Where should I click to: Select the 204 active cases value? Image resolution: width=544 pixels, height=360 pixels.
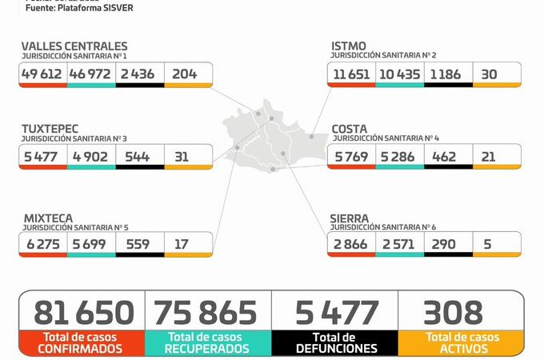coord(185,74)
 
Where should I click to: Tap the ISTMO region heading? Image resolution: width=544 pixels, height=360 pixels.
coord(349,46)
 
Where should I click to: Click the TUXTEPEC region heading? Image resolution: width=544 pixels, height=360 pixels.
coord(47,129)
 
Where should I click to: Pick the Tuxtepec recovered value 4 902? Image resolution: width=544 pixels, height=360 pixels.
coord(91,156)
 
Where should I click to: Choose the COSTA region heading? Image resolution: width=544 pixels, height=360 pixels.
coord(350,128)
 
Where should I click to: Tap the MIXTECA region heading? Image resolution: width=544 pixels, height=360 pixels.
coord(46,217)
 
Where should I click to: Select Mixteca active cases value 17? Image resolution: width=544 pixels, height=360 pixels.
coord(182,244)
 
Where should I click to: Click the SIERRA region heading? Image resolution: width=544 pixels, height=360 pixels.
coord(351,217)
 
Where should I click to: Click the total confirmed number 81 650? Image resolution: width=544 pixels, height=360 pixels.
coord(82,312)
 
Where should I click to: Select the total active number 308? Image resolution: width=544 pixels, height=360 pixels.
coord(454,312)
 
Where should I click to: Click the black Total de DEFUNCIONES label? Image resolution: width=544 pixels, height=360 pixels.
coord(335,343)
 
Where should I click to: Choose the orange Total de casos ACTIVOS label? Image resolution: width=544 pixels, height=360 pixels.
coord(462,343)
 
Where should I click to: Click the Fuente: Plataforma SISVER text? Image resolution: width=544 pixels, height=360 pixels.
coord(79,8)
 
